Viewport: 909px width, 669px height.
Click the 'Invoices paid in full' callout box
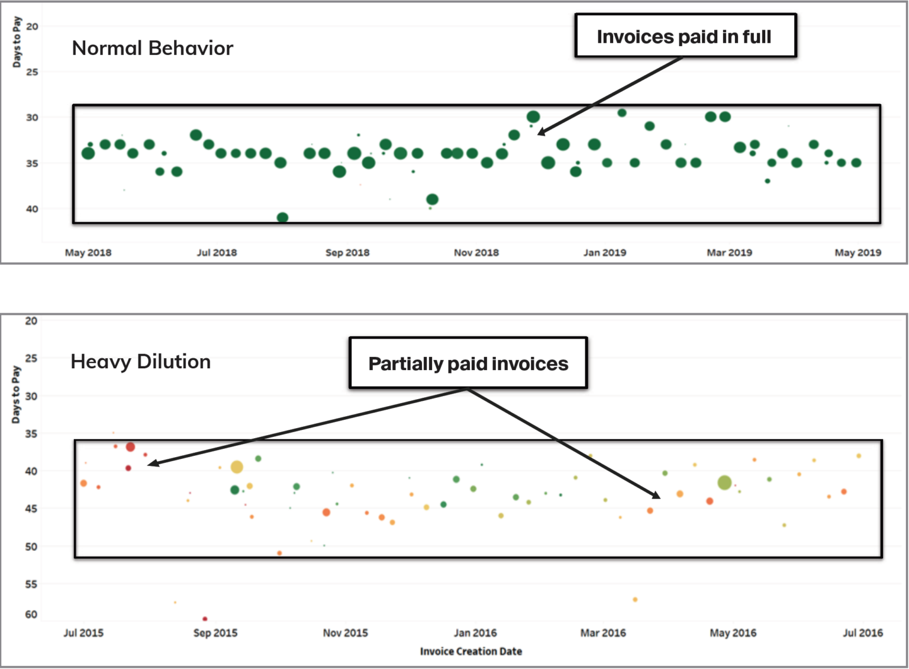pos(685,36)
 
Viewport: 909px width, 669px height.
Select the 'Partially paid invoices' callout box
pos(468,363)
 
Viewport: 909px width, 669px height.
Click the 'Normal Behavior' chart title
pos(153,48)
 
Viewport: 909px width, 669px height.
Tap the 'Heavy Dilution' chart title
pos(141,361)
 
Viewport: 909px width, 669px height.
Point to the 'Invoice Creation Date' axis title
pos(471,651)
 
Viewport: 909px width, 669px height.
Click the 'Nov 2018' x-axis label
pos(476,252)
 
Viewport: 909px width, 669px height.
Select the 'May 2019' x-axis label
pos(858,252)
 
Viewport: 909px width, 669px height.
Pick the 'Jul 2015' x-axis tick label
pos(83,633)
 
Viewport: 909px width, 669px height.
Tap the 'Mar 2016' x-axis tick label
pos(603,633)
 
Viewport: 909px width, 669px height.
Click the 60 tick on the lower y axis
pos(31,615)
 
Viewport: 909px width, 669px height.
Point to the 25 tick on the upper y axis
pos(32,72)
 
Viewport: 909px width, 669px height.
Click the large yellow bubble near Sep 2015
pos(237,467)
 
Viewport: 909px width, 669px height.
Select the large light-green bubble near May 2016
pos(724,483)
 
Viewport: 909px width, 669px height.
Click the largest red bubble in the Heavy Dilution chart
pos(130,447)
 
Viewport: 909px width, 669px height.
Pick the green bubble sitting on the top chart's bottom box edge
pos(283,218)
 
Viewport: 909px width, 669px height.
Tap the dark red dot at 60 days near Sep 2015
pos(205,619)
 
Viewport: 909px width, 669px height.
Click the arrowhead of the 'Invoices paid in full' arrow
pos(540,133)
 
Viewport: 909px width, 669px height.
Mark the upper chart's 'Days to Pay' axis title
pos(17,42)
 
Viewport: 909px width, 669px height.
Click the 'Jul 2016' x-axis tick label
pos(863,633)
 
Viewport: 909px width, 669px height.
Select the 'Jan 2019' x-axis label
pos(605,252)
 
